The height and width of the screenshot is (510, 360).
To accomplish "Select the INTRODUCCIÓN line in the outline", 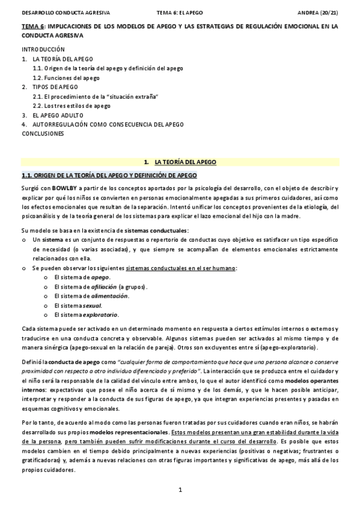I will click(x=43, y=48).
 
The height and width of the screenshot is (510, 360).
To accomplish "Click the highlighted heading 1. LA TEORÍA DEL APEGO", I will click(x=180, y=162).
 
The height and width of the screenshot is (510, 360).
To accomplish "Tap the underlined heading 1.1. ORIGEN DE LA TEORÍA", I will click(x=109, y=176).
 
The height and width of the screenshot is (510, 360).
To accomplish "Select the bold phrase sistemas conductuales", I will click(x=162, y=231).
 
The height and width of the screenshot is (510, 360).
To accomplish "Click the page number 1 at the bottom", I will click(x=180, y=490).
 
